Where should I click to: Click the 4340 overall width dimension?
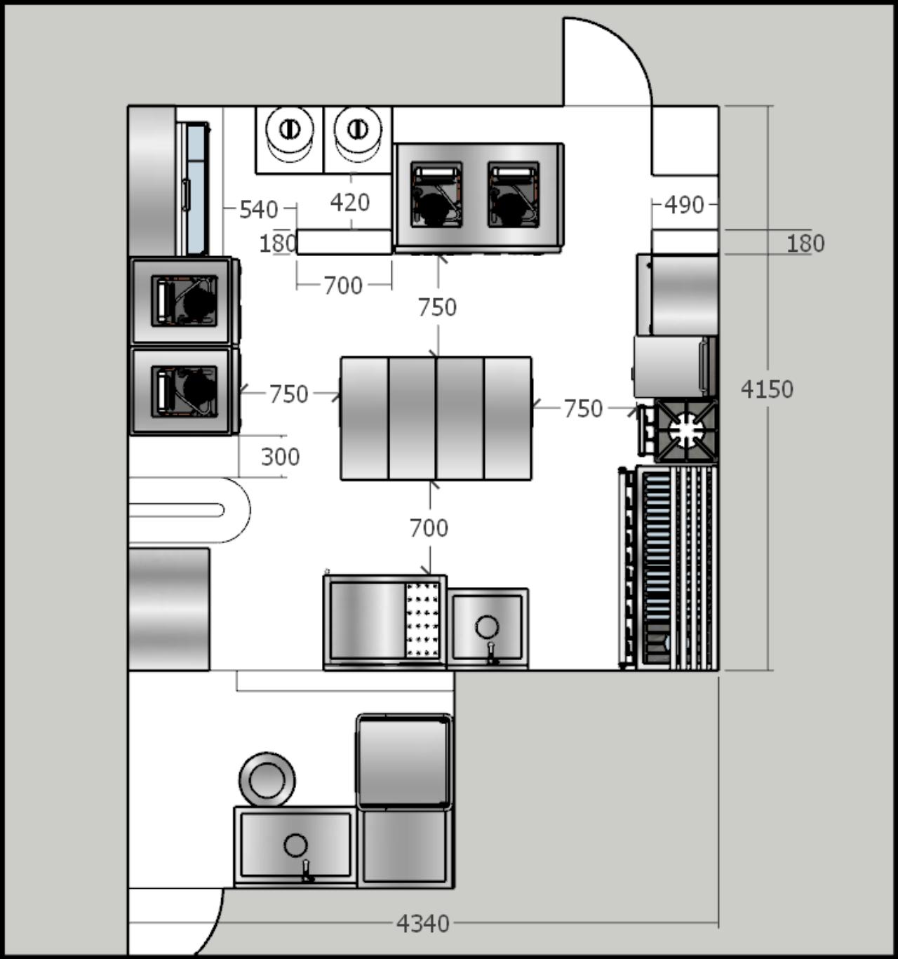[x=422, y=923]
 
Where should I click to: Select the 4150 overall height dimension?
[x=767, y=389]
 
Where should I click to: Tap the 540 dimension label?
[x=259, y=210]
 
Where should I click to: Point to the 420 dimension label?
[x=350, y=202]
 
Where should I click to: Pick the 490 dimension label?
[x=685, y=206]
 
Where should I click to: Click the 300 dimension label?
[x=280, y=457]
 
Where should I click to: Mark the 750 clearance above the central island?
[x=437, y=307]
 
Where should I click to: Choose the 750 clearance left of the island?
[x=288, y=394]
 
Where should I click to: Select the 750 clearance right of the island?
[x=584, y=408]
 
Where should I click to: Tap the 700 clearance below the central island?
[x=429, y=528]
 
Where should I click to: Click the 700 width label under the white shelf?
[x=343, y=286]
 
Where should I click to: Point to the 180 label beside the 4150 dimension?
[x=805, y=243]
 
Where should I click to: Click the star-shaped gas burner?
[x=686, y=429]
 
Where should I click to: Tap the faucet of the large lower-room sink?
[x=307, y=871]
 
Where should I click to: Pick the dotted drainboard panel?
[x=422, y=620]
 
